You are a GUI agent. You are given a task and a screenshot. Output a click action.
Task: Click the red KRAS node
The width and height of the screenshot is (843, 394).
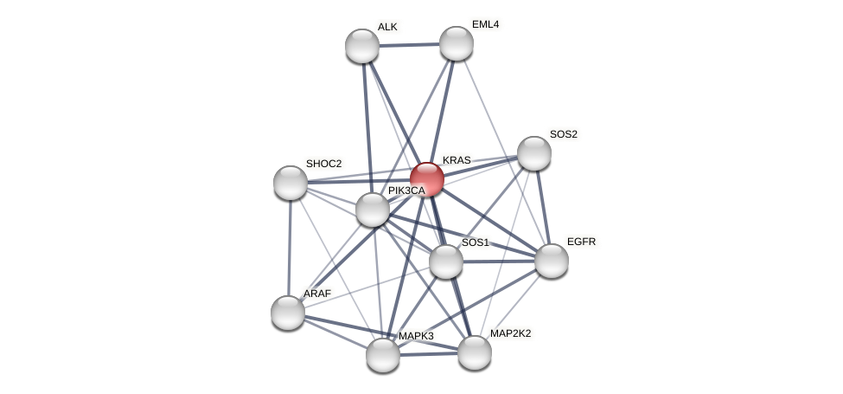tap(427, 179)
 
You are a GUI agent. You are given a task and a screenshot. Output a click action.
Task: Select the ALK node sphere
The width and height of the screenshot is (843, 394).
tap(362, 46)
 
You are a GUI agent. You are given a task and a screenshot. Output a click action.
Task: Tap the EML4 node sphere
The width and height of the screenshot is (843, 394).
tap(456, 43)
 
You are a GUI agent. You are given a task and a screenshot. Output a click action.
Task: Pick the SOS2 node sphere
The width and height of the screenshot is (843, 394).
tap(534, 153)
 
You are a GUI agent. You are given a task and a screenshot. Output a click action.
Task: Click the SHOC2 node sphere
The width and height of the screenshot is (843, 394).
tap(291, 183)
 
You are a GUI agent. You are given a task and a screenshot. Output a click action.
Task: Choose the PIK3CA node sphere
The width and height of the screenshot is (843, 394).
tap(373, 210)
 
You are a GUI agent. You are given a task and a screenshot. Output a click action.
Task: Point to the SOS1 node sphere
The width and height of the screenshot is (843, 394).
tap(446, 262)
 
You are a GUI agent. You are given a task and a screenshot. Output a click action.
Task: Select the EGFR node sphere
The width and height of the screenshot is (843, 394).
tap(552, 261)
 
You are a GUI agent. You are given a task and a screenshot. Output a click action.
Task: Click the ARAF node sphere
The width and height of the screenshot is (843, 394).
tap(288, 313)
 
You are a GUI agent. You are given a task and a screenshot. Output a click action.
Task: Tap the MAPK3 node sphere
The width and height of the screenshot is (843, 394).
tap(383, 355)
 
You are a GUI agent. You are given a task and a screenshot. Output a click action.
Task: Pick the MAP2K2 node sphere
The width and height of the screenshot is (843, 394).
tap(474, 352)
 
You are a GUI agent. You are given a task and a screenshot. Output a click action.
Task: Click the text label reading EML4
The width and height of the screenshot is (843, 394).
tap(485, 24)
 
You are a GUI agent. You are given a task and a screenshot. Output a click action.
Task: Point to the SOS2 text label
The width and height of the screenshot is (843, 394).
tap(563, 134)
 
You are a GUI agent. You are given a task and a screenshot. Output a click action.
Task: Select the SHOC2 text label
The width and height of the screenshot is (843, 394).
tap(323, 164)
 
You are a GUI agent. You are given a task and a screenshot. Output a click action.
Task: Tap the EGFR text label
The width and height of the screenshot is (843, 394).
tap(581, 242)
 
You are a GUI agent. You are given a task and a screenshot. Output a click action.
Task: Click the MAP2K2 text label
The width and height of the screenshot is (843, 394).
tap(510, 333)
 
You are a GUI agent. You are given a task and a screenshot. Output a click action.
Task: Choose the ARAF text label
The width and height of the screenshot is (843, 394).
tap(316, 294)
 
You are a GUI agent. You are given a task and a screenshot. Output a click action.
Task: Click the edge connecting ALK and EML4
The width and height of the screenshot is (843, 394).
tap(409, 44)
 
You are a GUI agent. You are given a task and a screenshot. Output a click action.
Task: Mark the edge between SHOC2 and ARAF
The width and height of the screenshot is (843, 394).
tap(290, 248)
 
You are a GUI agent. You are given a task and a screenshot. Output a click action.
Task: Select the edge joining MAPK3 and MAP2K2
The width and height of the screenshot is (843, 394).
tap(429, 353)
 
